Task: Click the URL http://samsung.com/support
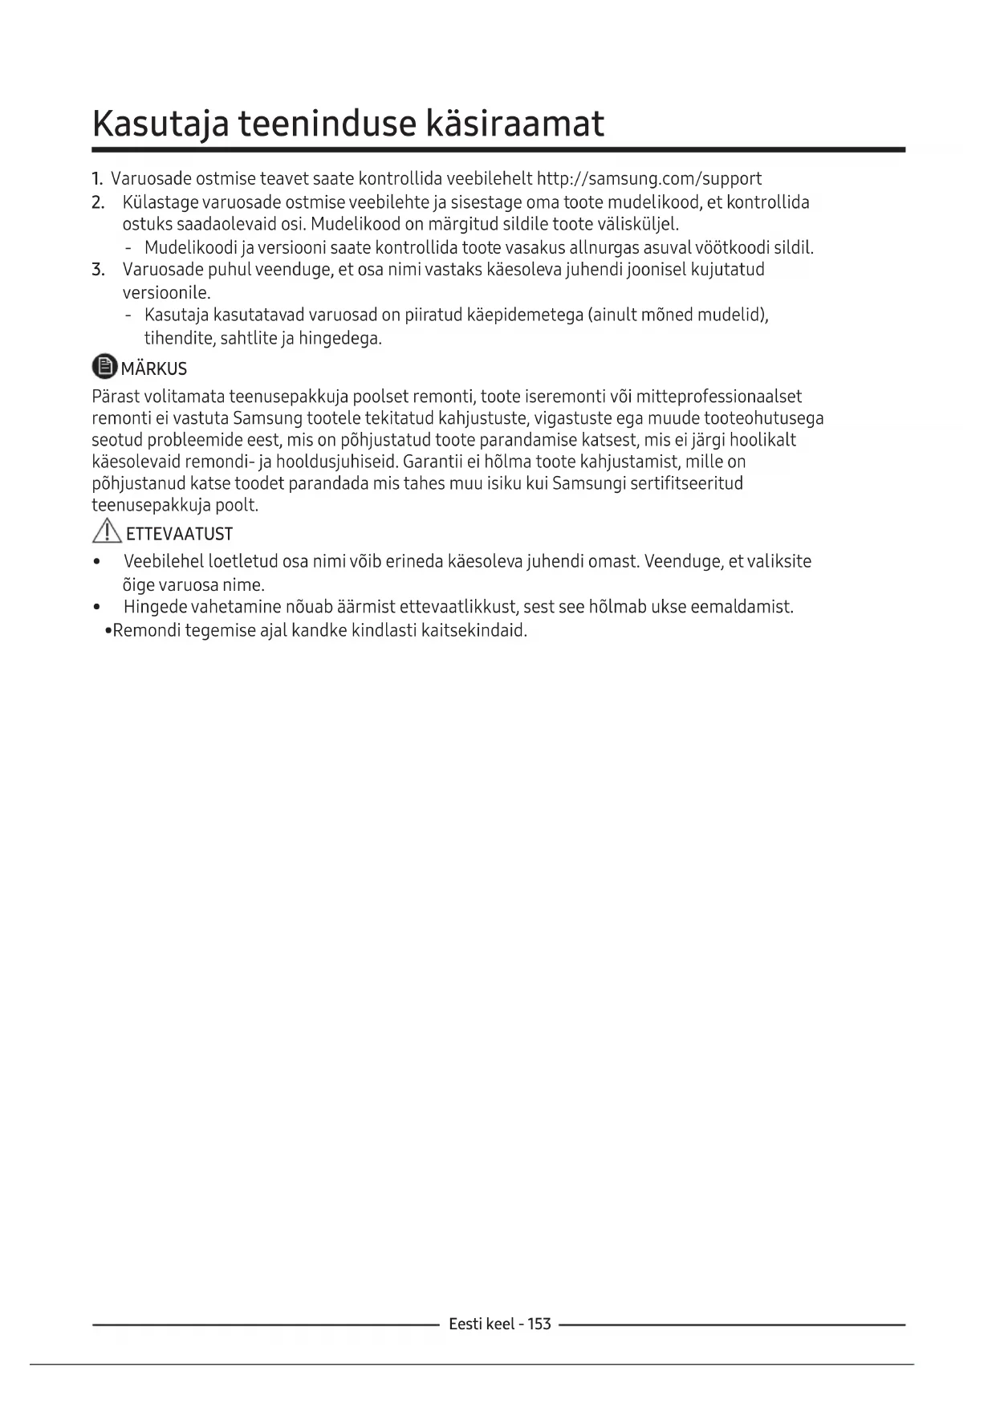click(648, 178)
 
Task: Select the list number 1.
click(97, 178)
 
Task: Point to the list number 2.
click(98, 201)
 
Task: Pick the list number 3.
click(98, 269)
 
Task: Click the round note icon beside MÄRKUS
click(104, 367)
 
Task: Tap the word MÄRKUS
click(154, 368)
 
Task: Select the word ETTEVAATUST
click(180, 534)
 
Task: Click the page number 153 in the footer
click(539, 1324)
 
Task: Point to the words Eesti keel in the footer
click(482, 1324)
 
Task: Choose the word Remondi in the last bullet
click(146, 630)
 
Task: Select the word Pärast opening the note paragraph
click(116, 397)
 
